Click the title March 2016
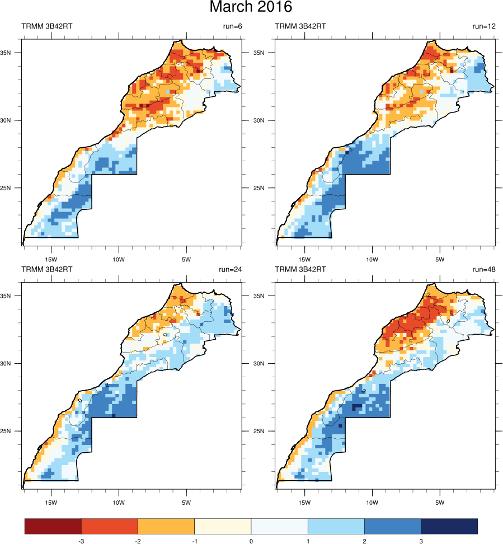[251, 8]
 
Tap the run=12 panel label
[484, 26]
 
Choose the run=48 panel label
[484, 269]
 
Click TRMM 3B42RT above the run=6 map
[47, 26]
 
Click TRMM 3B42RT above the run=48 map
[300, 269]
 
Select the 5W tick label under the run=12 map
[440, 259]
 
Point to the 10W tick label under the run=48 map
[372, 502]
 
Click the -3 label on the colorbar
[81, 541]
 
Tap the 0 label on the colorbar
[251, 541]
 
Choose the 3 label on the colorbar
[421, 541]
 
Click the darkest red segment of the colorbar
[53, 526]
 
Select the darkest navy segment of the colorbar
[449, 526]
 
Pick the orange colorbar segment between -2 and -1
[166, 526]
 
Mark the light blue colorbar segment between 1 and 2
[336, 526]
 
